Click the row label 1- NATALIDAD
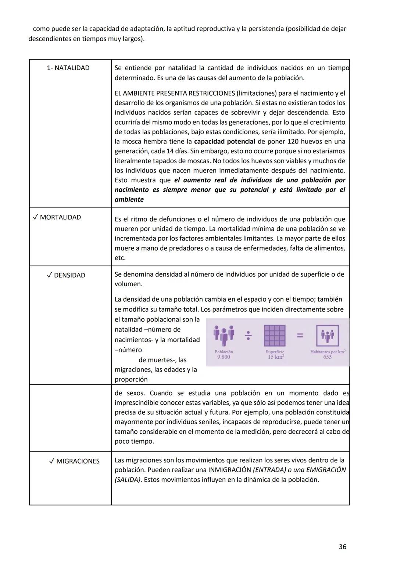[68, 68]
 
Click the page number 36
[342, 547]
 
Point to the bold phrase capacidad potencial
[225, 142]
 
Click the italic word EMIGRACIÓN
[326, 470]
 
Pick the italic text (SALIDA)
[128, 480]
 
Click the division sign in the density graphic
[248, 335]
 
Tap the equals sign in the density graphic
[300, 335]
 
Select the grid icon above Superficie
[275, 335]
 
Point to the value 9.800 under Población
[223, 357]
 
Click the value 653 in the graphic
[327, 357]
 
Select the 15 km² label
[275, 357]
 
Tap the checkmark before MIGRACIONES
[52, 461]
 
